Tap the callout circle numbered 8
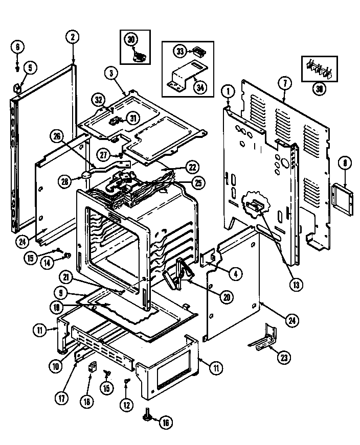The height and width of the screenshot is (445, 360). [345, 163]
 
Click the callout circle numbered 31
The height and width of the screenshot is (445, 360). [133, 118]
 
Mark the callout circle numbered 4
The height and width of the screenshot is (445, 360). [235, 273]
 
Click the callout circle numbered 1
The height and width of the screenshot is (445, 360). [228, 91]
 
